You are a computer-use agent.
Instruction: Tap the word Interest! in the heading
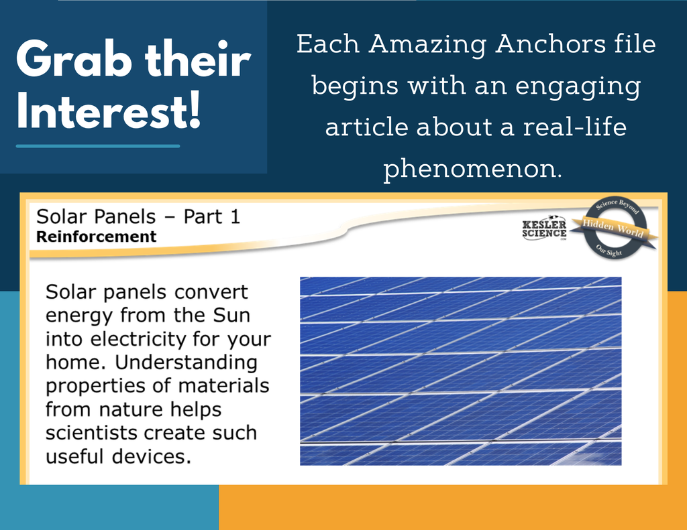[109, 111]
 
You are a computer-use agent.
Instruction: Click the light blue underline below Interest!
[98, 146]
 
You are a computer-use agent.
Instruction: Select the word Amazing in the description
[427, 46]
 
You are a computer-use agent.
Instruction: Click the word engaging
[578, 86]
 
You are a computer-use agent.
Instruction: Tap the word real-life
[574, 127]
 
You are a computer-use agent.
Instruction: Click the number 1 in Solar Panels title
[235, 216]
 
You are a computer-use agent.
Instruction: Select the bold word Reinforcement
[96, 237]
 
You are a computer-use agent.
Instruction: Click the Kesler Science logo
[544, 228]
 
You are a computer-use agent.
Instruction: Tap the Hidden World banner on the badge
[613, 228]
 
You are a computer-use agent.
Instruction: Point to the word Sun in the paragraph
[231, 315]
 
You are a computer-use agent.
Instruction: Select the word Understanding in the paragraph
[186, 362]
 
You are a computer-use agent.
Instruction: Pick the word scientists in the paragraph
[91, 433]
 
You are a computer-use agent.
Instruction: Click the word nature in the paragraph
[131, 409]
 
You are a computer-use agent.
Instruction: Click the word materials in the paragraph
[223, 386]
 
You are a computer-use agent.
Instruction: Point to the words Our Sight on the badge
[609, 251]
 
